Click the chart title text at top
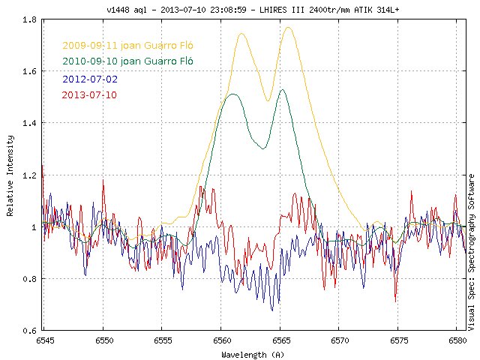pos(240,9)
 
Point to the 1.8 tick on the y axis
pos(30,20)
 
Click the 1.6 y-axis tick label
pos(30,72)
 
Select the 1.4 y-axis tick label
pos(30,124)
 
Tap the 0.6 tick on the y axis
pos(30,331)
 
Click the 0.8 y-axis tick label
pos(30,279)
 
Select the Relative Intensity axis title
pos(10,176)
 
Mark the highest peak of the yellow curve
pos(288,28)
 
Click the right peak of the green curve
pos(283,90)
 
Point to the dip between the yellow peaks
pos(268,100)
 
